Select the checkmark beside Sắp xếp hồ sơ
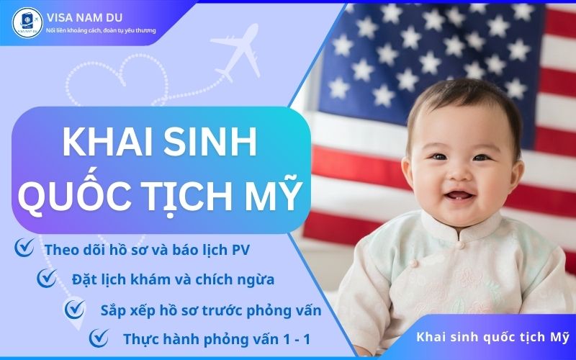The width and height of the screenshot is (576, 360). [x=74, y=309]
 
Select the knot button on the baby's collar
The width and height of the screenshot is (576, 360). [x=461, y=244]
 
